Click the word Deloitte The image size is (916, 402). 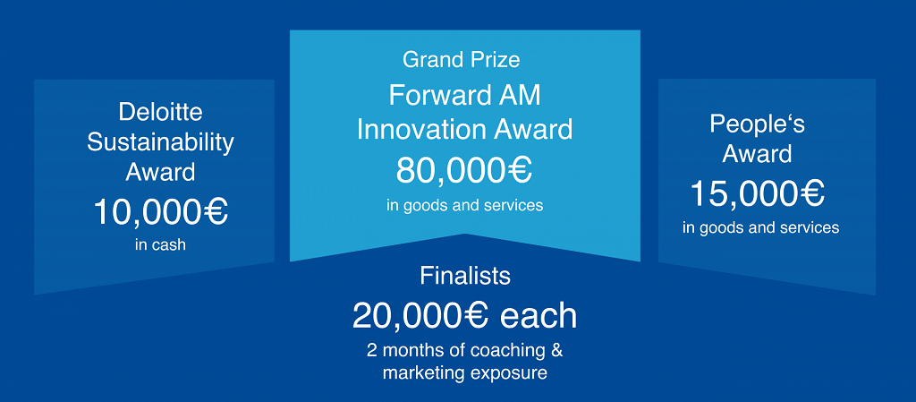coord(160,112)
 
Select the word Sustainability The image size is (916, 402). coord(161,143)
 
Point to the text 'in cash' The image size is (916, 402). coord(160,244)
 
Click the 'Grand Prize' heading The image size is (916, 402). coord(462,60)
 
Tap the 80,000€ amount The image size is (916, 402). coord(464,170)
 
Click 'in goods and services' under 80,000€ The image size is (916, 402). coord(464,206)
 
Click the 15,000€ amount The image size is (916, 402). coord(758,194)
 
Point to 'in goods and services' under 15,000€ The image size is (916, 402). coord(760,227)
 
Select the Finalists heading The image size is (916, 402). coord(465,276)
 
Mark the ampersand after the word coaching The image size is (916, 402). coord(557,351)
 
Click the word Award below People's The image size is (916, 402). coord(757,154)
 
